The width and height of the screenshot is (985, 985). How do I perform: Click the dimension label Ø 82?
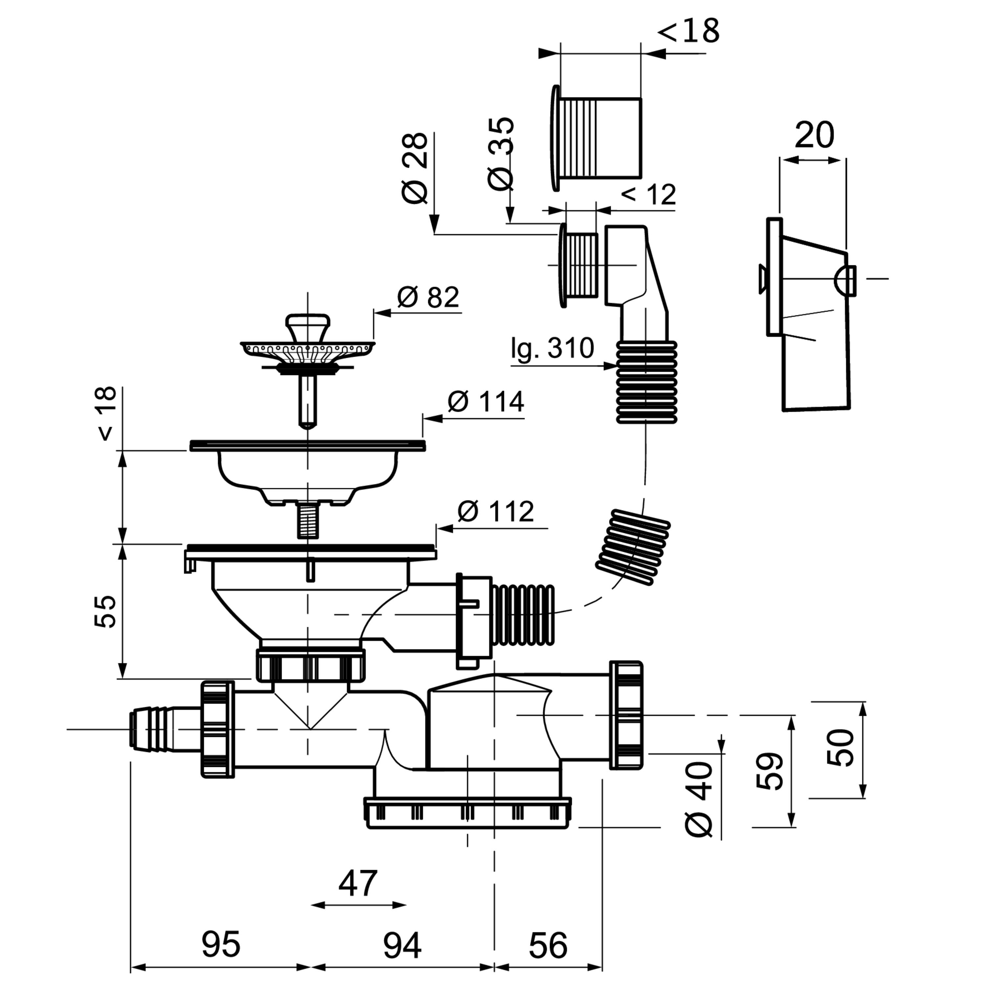[x=428, y=297]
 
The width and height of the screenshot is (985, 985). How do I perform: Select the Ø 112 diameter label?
[x=495, y=511]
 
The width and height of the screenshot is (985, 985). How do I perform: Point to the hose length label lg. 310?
[x=553, y=349]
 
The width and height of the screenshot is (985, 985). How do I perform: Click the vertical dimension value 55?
[x=105, y=611]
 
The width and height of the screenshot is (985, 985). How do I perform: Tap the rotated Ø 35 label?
[x=500, y=153]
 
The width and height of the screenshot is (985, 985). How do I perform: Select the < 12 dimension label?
[x=648, y=194]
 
